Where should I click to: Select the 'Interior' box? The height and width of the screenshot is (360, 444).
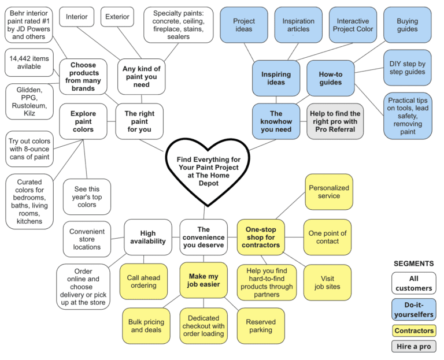click(x=76, y=17)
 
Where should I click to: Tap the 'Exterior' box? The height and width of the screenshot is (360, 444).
click(x=117, y=17)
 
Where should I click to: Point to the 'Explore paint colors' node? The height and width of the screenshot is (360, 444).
click(x=83, y=121)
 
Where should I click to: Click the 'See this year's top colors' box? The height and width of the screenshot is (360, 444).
click(x=87, y=196)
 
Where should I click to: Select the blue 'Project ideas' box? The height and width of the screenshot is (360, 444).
click(x=244, y=25)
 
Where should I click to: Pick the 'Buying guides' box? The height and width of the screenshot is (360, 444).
click(x=408, y=25)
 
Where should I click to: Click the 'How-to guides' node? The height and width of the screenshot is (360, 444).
click(x=331, y=78)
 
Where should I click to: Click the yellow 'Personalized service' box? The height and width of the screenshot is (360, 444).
click(x=329, y=192)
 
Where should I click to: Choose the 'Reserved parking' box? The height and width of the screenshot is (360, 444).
click(x=261, y=326)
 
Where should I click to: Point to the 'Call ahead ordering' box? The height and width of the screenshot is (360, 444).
click(x=143, y=281)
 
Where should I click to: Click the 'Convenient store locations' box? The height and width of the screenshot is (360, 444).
click(x=87, y=239)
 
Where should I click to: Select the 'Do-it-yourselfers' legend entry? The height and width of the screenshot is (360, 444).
click(x=413, y=309)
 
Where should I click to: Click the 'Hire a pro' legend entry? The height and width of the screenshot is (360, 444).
click(x=413, y=347)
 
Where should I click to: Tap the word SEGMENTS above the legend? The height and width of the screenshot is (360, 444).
click(x=413, y=263)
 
